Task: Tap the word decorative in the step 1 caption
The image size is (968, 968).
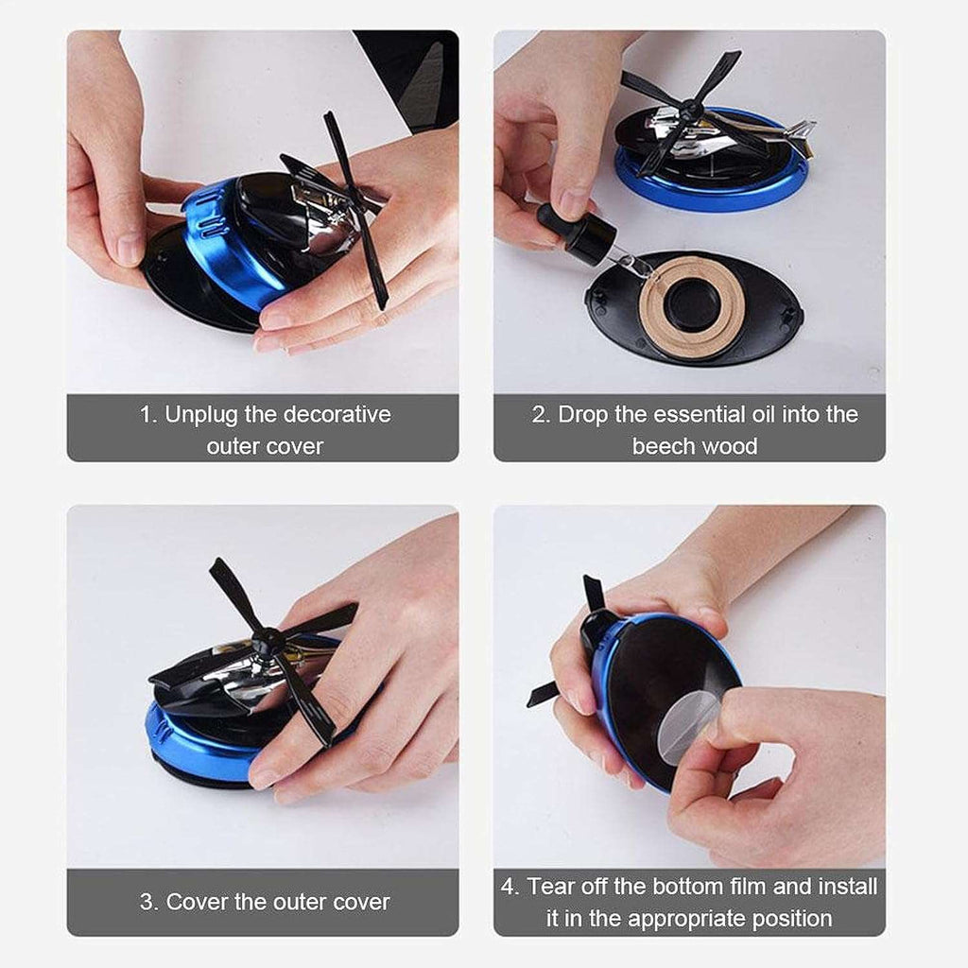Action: click(x=337, y=414)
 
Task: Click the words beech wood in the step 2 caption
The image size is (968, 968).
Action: click(x=695, y=445)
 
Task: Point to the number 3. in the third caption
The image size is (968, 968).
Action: click(x=149, y=902)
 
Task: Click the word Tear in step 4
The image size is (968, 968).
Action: click(x=551, y=887)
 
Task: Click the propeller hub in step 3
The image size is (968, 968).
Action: click(x=268, y=642)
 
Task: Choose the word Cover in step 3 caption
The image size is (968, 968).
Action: click(x=197, y=902)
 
